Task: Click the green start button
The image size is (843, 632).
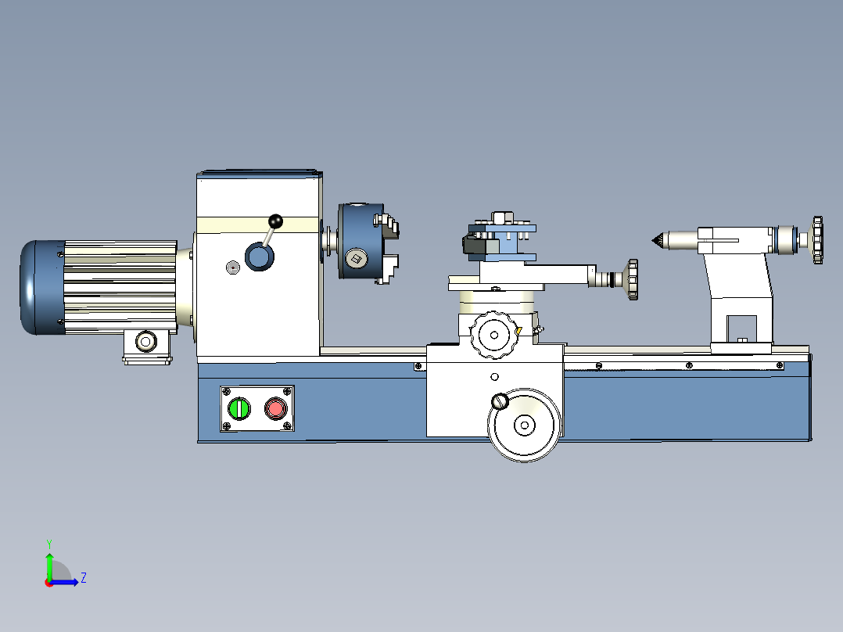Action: click(x=239, y=409)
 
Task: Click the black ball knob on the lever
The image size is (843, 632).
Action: click(x=275, y=221)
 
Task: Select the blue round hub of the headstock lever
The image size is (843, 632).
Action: click(x=259, y=256)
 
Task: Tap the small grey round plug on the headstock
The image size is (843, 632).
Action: click(x=232, y=268)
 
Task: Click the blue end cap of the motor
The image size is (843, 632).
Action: click(x=42, y=287)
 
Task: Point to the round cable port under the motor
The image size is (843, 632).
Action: click(x=145, y=341)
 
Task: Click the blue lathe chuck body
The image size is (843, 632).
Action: click(x=361, y=241)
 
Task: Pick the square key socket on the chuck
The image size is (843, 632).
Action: click(x=355, y=259)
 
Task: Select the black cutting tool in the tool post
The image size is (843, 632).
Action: click(x=474, y=246)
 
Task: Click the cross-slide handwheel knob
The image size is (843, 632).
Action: click(x=632, y=279)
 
